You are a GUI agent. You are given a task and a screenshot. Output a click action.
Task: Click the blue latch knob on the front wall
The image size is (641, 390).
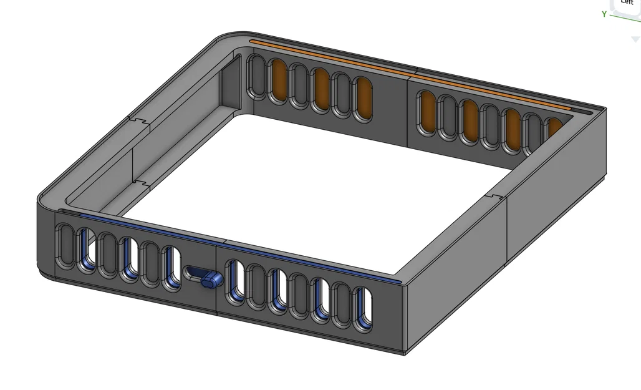coord(212,280)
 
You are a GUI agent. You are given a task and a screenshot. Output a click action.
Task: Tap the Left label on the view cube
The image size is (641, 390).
coord(627,3)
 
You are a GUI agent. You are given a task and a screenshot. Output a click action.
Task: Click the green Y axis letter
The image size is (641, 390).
coord(604,14)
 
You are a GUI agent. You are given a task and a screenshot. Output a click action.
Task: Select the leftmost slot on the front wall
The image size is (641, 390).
coord(65,246)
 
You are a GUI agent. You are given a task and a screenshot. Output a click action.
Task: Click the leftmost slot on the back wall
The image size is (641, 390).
coord(256,76)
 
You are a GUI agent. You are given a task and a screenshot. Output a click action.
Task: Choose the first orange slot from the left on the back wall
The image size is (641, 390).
coord(279,80)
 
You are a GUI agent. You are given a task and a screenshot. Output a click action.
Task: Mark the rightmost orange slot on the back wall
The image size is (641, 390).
coord(554,129)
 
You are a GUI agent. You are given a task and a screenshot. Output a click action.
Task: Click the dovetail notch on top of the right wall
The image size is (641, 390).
coord(494,197)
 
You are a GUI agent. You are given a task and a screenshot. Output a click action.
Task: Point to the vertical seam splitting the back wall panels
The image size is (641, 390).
coord(408,109)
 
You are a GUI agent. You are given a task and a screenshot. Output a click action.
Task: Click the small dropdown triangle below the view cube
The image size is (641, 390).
coord(635,39)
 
